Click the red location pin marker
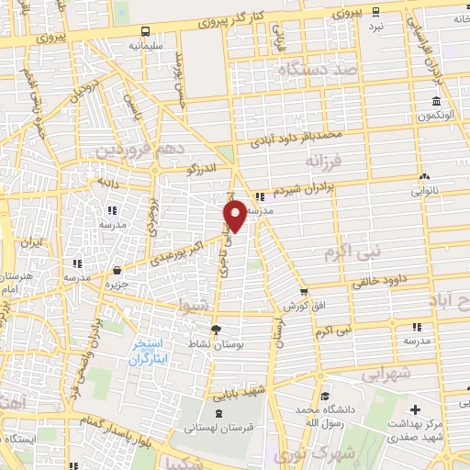coord(235,215)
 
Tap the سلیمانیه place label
coord(147,44)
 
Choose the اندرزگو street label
coord(203,170)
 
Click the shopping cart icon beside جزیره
coord(117,270)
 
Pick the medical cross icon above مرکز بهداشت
coord(415,408)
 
